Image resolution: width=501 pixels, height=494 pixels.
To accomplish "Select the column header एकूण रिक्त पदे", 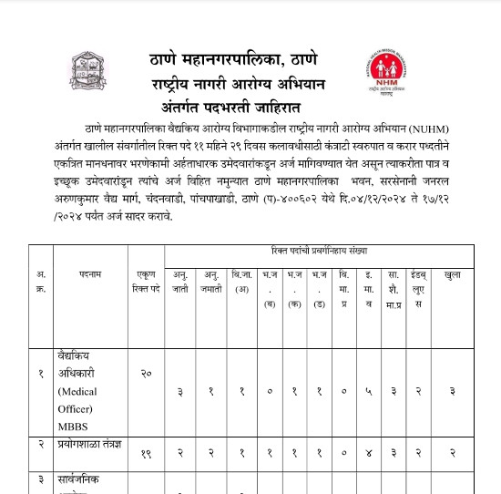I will click(x=146, y=280).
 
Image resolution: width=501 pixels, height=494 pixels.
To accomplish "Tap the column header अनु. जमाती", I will click(x=211, y=280).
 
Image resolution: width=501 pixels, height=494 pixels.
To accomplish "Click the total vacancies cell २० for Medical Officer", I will click(x=146, y=375).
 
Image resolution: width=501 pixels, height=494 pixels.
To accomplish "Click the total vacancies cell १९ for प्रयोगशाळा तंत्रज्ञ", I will click(x=146, y=451).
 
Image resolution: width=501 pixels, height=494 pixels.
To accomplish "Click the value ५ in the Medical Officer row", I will click(x=368, y=391).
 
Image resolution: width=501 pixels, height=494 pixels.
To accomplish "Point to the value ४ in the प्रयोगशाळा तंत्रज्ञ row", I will click(x=368, y=451).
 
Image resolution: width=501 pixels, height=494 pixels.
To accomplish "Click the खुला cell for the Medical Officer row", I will click(x=452, y=391).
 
